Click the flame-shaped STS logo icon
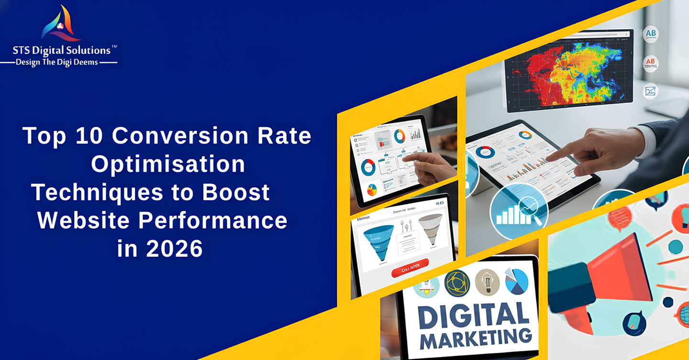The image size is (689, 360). pos(61,24)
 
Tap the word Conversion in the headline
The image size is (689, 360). pos(180,136)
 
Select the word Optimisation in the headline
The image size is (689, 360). pos(168,164)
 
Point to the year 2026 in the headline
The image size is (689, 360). pos(175,249)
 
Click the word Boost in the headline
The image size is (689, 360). pos(236,192)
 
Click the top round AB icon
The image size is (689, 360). pos(650,34)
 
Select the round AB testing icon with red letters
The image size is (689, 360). pos(650,63)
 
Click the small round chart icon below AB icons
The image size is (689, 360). pos(650,91)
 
